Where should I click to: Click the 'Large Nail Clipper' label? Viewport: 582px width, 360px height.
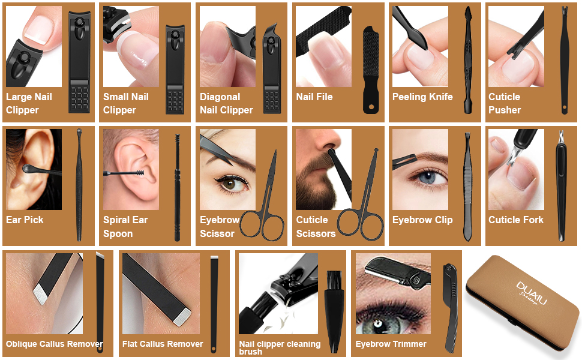coord(29,104)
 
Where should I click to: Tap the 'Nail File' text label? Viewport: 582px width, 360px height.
coord(314,97)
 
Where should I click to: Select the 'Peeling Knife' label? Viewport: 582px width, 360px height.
coord(422,97)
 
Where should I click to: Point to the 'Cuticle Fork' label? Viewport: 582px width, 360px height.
coord(516,220)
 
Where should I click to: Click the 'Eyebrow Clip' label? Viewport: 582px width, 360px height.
coord(422,220)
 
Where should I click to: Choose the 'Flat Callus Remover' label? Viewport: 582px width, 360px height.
coord(163,344)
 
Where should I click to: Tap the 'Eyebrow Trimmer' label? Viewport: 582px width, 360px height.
coord(391,344)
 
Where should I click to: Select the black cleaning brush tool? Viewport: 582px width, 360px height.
coord(333,312)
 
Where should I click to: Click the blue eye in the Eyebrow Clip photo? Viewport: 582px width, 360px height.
coord(428,177)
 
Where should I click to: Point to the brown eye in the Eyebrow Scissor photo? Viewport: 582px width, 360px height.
coord(230,184)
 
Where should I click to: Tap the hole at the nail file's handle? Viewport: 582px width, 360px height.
coord(371,107)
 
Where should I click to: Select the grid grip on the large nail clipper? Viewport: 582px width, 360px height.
coord(79,99)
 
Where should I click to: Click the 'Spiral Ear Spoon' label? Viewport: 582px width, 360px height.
coord(125,227)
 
